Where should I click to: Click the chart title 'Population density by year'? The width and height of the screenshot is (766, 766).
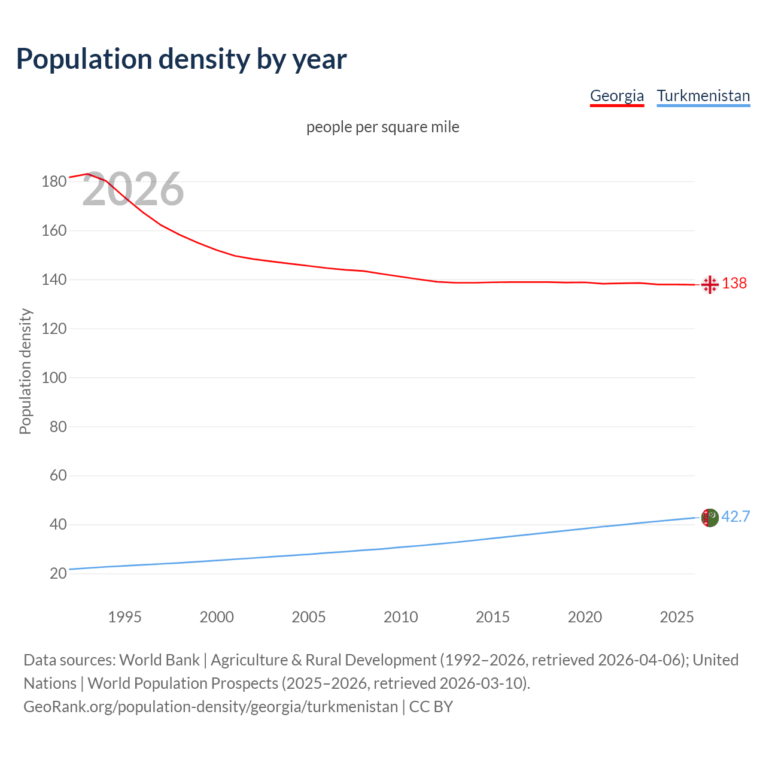181,59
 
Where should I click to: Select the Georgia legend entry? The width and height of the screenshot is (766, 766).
616,96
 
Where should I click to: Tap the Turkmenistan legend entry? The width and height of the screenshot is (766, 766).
703,96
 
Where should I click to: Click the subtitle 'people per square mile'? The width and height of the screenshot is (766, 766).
382,127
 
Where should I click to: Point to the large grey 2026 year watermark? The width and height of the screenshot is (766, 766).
133,189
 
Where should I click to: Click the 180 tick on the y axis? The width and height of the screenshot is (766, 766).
54,182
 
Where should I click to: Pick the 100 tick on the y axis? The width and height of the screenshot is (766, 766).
54,378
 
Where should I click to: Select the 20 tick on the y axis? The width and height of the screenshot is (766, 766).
58,574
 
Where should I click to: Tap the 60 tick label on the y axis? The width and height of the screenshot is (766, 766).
58,476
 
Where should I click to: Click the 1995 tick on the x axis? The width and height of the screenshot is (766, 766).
124,617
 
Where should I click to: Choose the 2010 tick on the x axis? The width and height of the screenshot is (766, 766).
400,617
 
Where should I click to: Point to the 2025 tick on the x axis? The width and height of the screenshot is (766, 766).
676,617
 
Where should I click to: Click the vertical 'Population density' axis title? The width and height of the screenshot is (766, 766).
25,371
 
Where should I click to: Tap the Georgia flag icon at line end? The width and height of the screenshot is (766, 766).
710,284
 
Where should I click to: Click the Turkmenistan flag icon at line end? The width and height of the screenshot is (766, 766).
710,518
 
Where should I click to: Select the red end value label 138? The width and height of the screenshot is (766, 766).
734,284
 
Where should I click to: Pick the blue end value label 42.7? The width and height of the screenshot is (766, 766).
735,516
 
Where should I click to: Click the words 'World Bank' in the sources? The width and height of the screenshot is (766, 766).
159,660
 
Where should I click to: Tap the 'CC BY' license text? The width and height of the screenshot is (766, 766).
431,707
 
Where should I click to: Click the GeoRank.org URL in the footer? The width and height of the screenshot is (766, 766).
211,707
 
